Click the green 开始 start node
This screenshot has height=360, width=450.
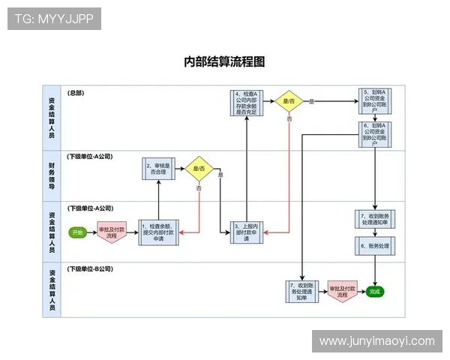pyautogui.click(x=77, y=232)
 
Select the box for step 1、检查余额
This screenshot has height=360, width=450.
pyautogui.click(x=158, y=232)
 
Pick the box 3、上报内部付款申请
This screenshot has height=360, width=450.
pyautogui.click(x=247, y=232)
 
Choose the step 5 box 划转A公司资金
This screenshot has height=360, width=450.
pyautogui.click(x=375, y=103)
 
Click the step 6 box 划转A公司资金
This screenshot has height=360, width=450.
pyautogui.click(x=375, y=133)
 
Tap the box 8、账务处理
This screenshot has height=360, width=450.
pyautogui.click(x=375, y=245)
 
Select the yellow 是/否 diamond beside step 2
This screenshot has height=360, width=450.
pyautogui.click(x=199, y=169)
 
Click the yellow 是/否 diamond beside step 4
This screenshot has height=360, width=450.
pyautogui.click(x=289, y=101)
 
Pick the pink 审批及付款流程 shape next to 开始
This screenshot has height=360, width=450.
pyautogui.click(x=112, y=232)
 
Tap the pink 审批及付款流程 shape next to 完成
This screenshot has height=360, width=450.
pyautogui.click(x=342, y=291)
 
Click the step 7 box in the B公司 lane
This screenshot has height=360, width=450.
pyautogui.click(x=301, y=291)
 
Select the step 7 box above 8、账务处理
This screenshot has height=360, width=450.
pyautogui.click(x=375, y=218)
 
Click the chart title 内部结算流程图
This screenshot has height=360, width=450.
pyautogui.click(x=224, y=61)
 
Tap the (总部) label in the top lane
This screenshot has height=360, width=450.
pyautogui.click(x=76, y=93)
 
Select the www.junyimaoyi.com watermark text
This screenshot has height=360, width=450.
pyautogui.click(x=376, y=341)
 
